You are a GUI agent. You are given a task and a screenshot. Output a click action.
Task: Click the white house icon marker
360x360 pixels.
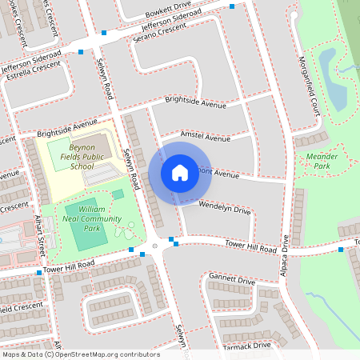pyautogui.click(x=179, y=173)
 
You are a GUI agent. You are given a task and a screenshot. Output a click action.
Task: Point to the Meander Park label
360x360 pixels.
pyautogui.click(x=316, y=161)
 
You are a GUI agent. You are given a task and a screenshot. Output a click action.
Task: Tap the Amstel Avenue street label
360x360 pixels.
pyautogui.click(x=206, y=137)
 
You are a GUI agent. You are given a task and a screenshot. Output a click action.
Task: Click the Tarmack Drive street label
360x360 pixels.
pyautogui.click(x=249, y=345)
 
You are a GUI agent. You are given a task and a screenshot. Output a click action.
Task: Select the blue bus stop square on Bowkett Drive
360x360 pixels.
pyautogui.click(x=232, y=7)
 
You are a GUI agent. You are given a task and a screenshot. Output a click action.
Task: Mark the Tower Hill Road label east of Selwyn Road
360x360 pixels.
pyautogui.click(x=250, y=245)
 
